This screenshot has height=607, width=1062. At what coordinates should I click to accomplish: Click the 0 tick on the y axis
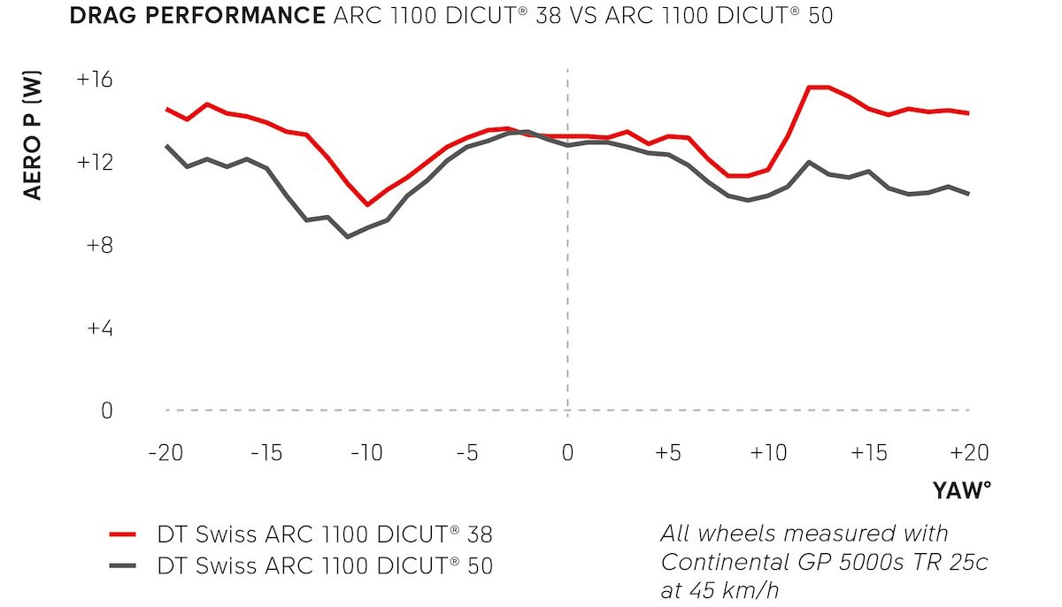pyautogui.click(x=108, y=411)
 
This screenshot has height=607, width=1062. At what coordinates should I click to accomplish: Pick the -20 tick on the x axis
pyautogui.click(x=165, y=453)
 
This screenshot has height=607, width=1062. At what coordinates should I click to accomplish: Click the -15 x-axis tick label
pyautogui.click(x=265, y=453)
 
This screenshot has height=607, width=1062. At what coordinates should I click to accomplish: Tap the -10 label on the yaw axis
pyautogui.click(x=366, y=453)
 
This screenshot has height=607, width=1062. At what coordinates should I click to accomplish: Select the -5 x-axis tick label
pyautogui.click(x=466, y=453)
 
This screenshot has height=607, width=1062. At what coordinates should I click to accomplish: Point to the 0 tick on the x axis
pyautogui.click(x=567, y=453)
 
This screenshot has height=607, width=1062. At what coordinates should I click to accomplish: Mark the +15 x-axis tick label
pyautogui.click(x=868, y=453)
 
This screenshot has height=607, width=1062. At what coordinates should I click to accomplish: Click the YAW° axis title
pyautogui.click(x=960, y=491)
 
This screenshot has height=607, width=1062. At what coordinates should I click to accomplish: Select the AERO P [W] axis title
pyautogui.click(x=33, y=137)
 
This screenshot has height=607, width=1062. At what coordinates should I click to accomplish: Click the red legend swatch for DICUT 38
pyautogui.click(x=122, y=534)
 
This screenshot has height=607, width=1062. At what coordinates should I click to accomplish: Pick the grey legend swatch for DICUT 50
pyautogui.click(x=122, y=565)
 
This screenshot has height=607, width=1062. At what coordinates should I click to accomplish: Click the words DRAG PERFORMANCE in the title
pyautogui.click(x=196, y=16)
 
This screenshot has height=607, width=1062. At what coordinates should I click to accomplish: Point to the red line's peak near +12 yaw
pyautogui.click(x=818, y=87)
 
